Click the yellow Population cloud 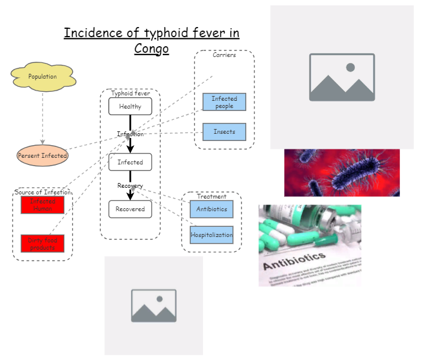[42, 77]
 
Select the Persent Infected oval [42, 155]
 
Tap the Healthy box [130, 106]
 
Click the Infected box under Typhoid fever [130, 162]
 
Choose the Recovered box [130, 209]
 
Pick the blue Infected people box [224, 102]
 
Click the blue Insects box [224, 131]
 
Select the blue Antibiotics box [211, 209]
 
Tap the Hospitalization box [211, 235]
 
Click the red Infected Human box [42, 205]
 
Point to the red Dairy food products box [42, 243]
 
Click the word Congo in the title [151, 48]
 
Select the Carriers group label [224, 55]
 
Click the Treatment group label [211, 196]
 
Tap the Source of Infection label [42, 192]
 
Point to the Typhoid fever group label [130, 94]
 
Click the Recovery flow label [130, 186]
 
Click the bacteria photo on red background [342, 172]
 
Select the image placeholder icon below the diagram [154, 305]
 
